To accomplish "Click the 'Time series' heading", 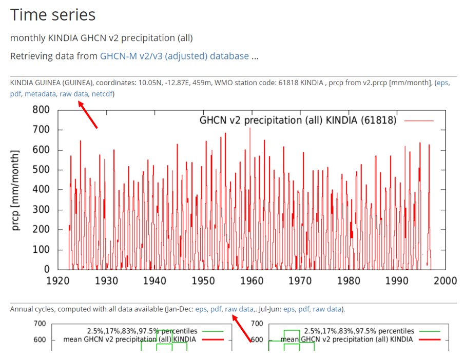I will tap(53, 15).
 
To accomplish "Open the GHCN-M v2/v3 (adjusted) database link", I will tap(175, 56).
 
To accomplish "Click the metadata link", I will tap(40, 94).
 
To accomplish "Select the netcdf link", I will tap(103, 94).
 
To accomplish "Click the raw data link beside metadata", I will tap(74, 94).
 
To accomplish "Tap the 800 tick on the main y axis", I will tap(41, 110).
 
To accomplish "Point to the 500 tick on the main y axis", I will tap(41, 170).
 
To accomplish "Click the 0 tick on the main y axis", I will tap(47, 269).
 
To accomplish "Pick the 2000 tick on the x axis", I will tap(444, 281).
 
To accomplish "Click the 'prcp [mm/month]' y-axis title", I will tap(16, 190).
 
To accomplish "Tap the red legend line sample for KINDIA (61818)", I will tap(419, 121).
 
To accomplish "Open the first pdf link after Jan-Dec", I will tap(216, 309).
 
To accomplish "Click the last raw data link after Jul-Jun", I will tap(327, 309).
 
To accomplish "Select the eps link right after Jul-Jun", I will tap(289, 309).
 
